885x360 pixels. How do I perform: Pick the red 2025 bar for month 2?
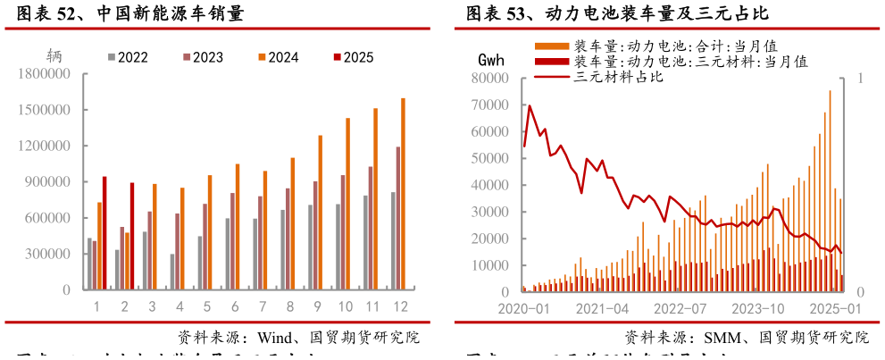(132, 236)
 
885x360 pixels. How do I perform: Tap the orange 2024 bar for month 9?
(320, 213)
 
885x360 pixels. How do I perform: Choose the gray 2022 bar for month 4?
(172, 272)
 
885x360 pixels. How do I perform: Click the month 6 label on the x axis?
(235, 306)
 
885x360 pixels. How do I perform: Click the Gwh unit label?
(491, 61)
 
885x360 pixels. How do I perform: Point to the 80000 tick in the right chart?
(489, 79)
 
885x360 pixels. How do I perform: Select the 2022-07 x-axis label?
(680, 308)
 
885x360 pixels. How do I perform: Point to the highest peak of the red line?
(530, 105)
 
